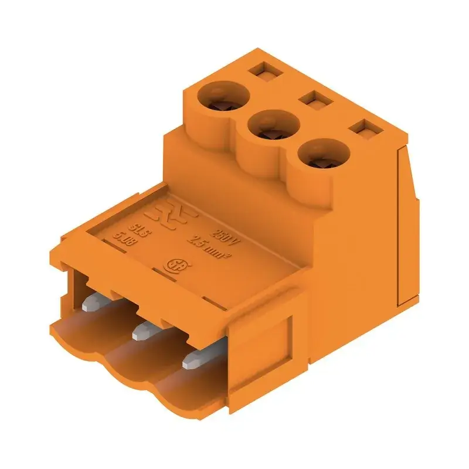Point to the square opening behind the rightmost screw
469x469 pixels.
365,129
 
